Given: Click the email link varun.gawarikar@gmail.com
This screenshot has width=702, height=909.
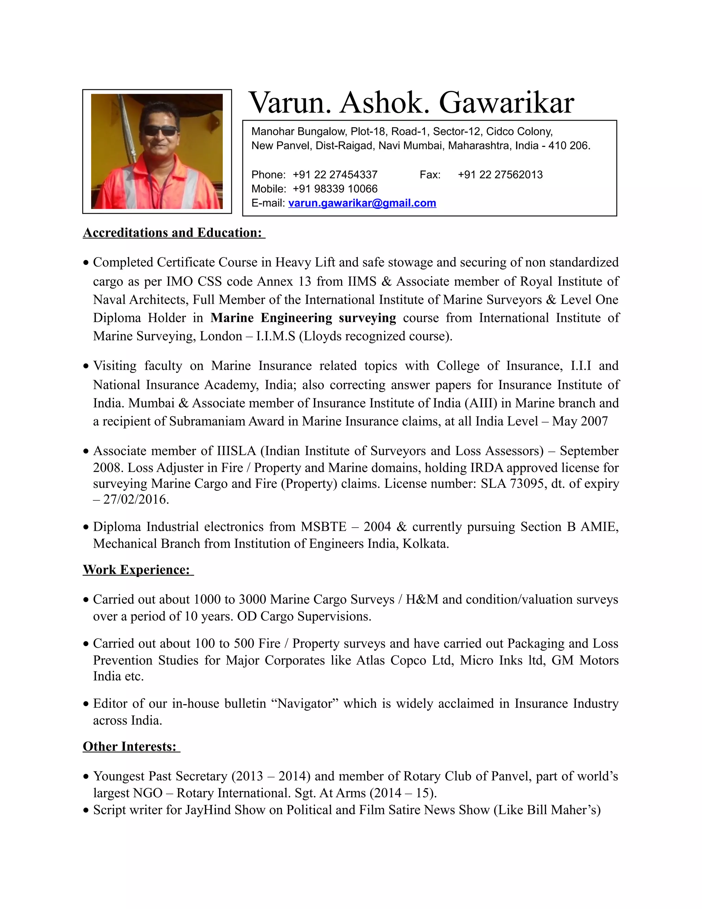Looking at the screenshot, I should tap(362, 203).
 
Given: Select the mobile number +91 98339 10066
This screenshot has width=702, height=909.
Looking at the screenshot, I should tap(335, 189).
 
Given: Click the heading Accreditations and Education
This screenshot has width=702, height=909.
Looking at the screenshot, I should tap(173, 233).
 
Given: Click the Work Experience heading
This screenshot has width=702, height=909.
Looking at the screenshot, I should tap(138, 570).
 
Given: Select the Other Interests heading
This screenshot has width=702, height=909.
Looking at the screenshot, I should tap(131, 747).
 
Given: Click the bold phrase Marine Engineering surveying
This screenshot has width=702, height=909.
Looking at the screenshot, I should tap(303, 318).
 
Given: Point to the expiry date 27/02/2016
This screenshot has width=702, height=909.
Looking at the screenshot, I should tap(136, 499).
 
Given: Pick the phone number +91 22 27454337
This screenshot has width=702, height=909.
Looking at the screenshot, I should tap(335, 175).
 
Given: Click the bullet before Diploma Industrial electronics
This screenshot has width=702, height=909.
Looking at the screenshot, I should tap(86, 527).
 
